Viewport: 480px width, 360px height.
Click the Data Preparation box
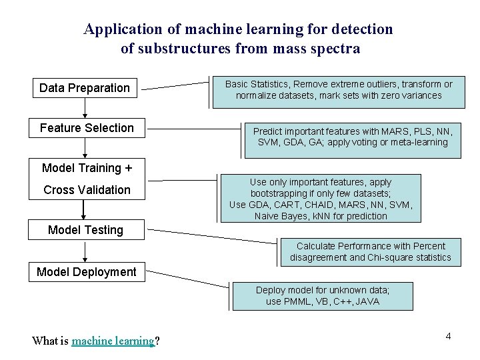(85, 88)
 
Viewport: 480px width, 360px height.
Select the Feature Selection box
(87, 128)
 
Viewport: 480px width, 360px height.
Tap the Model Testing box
(86, 230)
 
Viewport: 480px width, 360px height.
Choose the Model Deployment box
(87, 272)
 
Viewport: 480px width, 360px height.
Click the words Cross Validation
(87, 190)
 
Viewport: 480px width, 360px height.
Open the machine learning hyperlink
(113, 341)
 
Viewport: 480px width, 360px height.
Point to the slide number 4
(448, 336)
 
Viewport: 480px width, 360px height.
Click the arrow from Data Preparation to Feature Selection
(85, 107)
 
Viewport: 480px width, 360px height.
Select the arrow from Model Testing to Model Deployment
(85, 251)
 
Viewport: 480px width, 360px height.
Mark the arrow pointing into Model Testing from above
(84, 209)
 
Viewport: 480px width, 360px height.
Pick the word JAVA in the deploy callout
(367, 301)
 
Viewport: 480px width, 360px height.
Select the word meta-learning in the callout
(419, 142)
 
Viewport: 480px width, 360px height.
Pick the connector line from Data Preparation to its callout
(177, 85)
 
